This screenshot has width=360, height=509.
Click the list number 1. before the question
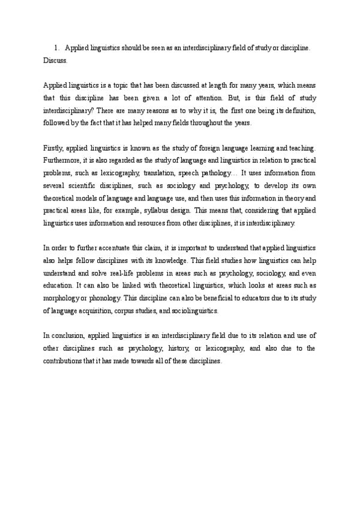pyautogui.click(x=56, y=47)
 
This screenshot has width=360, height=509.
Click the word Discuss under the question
pyautogui.click(x=55, y=61)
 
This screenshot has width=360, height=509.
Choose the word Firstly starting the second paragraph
pyautogui.click(x=55, y=148)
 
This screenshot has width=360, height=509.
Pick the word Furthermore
pyautogui.click(x=65, y=160)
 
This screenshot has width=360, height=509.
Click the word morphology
pyautogui.click(x=64, y=298)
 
